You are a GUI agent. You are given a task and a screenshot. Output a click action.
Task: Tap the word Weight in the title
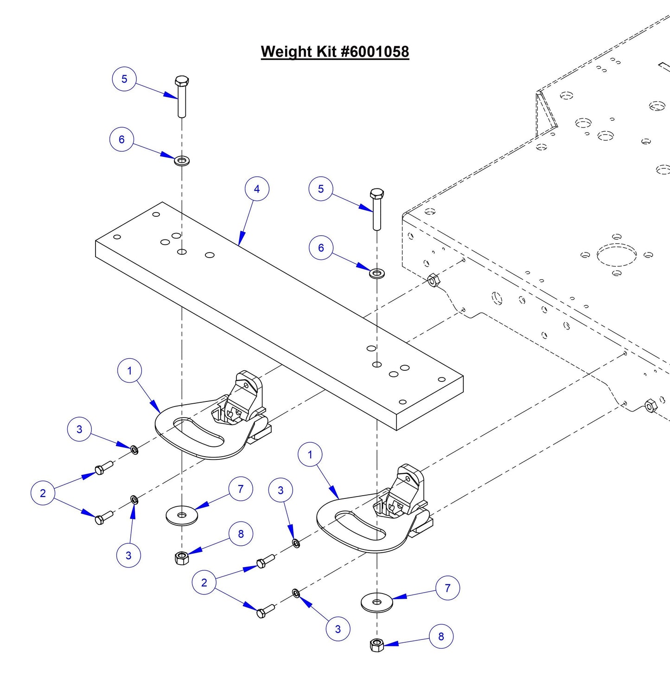click(x=287, y=52)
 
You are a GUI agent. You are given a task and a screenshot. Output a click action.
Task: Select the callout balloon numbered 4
click(x=257, y=189)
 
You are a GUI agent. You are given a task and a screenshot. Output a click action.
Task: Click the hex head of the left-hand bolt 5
click(x=182, y=81)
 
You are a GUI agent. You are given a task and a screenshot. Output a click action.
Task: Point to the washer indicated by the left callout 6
click(x=182, y=161)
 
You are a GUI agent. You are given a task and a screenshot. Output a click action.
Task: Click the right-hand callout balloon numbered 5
click(x=321, y=189)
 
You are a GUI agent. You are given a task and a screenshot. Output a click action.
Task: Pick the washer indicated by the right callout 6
click(x=376, y=272)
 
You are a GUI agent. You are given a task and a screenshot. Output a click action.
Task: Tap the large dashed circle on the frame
click(x=617, y=255)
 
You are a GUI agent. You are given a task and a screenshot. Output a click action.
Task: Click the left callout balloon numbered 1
click(x=129, y=371)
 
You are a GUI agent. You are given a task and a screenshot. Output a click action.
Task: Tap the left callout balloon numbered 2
click(x=43, y=493)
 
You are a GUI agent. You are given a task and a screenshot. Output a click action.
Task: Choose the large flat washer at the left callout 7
click(x=182, y=515)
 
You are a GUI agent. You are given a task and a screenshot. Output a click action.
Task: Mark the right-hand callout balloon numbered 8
click(x=441, y=636)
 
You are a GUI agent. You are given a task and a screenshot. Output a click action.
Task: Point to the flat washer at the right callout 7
click(x=376, y=602)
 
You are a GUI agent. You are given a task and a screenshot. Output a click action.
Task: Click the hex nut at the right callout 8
click(x=377, y=645)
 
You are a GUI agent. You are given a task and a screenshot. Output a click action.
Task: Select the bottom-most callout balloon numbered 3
click(x=338, y=629)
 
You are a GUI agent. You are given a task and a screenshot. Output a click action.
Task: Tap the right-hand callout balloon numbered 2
click(x=204, y=582)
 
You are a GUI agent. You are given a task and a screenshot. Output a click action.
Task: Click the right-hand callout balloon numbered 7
click(x=447, y=588)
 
